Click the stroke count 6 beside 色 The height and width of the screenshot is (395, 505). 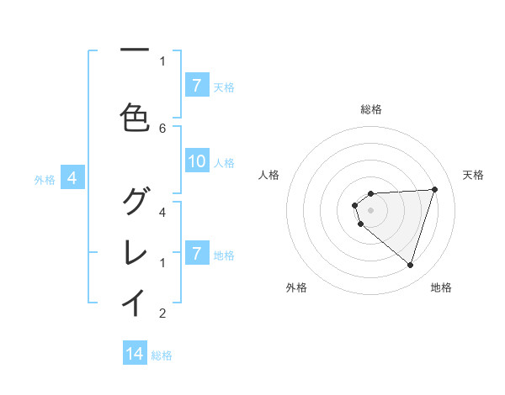point(162,128)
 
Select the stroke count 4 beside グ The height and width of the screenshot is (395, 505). point(162,212)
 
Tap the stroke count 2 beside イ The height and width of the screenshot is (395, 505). point(162,313)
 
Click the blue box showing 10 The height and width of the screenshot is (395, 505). point(197,162)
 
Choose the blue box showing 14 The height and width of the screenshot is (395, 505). point(135,355)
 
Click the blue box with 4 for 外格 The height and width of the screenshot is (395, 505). point(72,178)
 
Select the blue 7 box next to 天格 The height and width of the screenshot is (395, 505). point(196,86)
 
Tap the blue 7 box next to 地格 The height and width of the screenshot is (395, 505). point(196,254)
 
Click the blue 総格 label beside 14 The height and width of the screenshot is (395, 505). point(162,355)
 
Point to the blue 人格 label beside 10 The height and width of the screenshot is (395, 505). point(224,163)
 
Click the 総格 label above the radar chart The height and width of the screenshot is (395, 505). point(371,109)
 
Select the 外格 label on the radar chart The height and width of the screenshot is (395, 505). point(296,288)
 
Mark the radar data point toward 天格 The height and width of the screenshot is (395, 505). point(435,189)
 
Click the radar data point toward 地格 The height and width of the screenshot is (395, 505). point(410,265)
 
